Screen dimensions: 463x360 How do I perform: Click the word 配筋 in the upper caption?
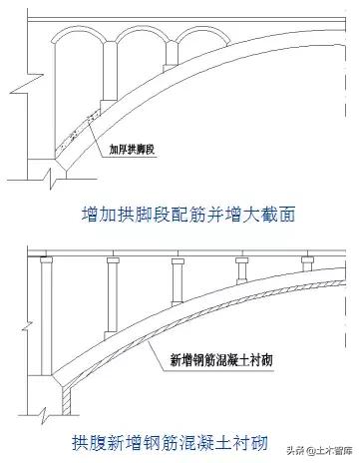pos(188,214)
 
